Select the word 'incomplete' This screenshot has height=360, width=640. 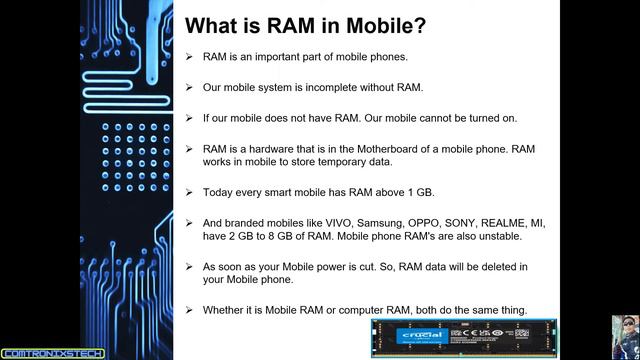pos(330,87)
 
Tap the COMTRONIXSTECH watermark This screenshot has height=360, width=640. pos(45,352)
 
